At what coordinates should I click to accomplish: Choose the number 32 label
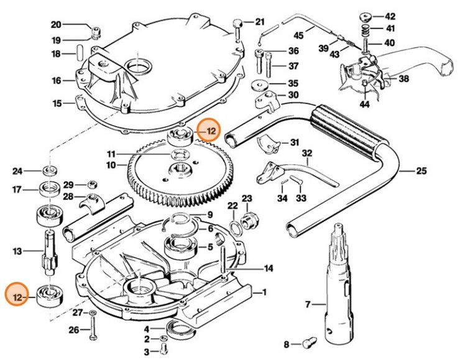click(x=307, y=153)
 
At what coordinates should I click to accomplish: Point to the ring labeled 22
click(x=233, y=221)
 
